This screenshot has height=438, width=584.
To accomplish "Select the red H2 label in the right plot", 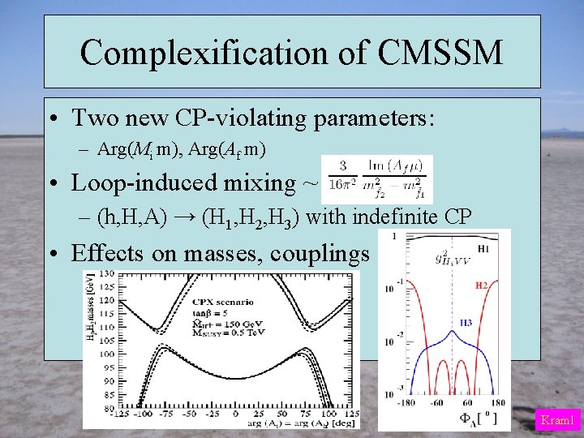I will click(x=481, y=286).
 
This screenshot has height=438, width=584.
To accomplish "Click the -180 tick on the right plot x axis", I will click(x=407, y=403).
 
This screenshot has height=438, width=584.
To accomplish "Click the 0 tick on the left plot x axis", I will click(x=234, y=414).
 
